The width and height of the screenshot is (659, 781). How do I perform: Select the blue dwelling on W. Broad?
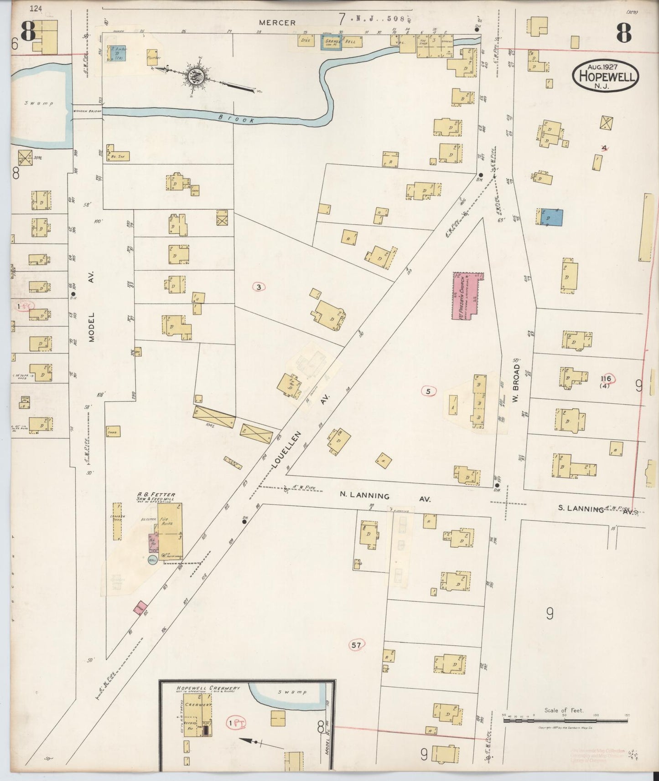(551, 217)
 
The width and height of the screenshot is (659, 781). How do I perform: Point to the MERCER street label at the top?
(277, 22)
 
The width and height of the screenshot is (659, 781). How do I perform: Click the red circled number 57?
(357, 645)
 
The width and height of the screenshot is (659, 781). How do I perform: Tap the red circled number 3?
(259, 287)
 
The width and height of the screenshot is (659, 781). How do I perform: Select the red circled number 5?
(428, 390)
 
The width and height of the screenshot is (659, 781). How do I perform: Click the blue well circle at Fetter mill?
(152, 560)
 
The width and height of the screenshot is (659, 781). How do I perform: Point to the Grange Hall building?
(332, 42)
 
